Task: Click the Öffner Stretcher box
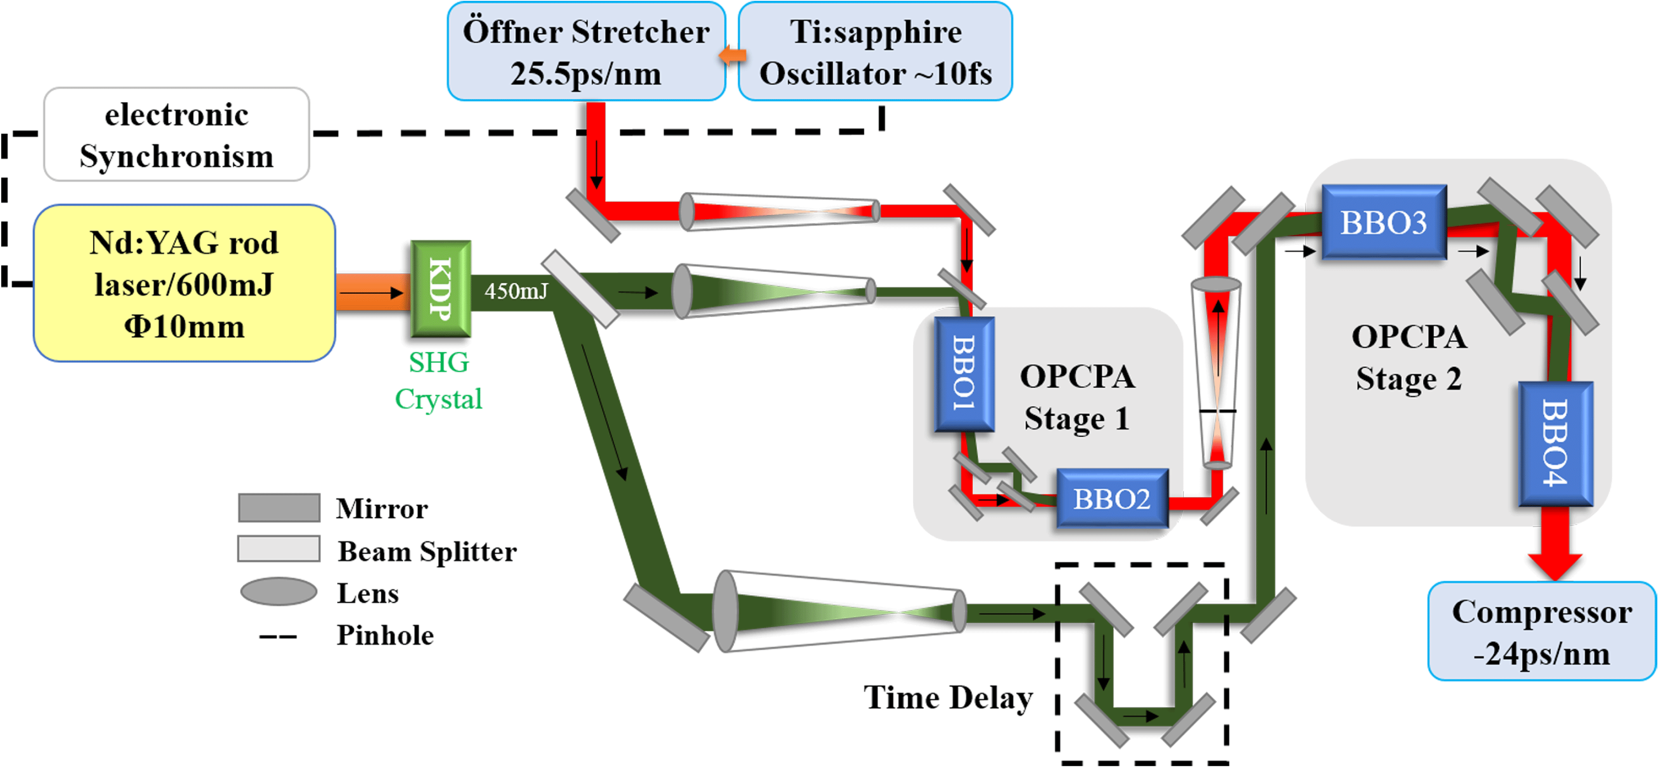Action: point(586,52)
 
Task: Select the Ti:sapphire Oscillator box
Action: point(875,52)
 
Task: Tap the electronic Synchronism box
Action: point(176,135)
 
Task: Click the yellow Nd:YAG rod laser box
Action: point(184,283)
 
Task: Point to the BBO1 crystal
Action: point(964,373)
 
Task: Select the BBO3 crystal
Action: point(1383,222)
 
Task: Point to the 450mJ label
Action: point(516,291)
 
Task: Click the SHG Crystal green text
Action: point(439,380)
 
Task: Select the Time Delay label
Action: point(948,698)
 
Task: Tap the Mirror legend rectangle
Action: point(279,508)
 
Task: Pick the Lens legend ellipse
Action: point(279,591)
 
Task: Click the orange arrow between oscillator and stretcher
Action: point(732,55)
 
